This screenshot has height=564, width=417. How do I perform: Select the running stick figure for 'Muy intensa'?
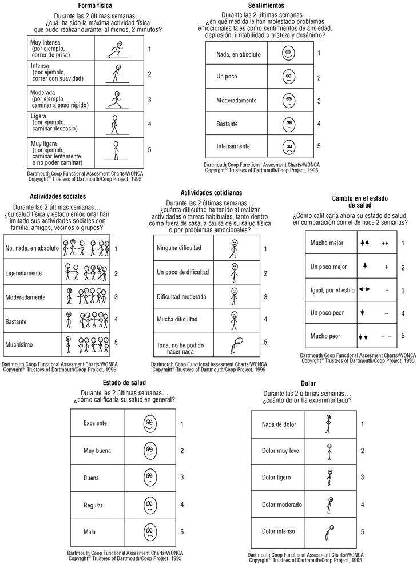click(118, 50)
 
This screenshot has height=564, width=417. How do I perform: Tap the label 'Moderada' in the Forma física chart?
click(43, 92)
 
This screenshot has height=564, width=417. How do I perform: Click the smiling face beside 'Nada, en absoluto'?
click(288, 54)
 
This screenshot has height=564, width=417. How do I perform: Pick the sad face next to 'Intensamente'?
click(288, 146)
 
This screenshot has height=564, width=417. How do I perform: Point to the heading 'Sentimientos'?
click(265, 6)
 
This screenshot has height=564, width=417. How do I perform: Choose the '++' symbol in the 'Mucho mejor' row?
click(385, 243)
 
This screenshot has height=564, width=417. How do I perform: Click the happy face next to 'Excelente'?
click(149, 424)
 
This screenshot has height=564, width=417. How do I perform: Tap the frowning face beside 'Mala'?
click(150, 533)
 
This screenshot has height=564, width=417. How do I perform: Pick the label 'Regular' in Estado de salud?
click(93, 505)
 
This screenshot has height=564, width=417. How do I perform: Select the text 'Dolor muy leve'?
click(280, 451)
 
